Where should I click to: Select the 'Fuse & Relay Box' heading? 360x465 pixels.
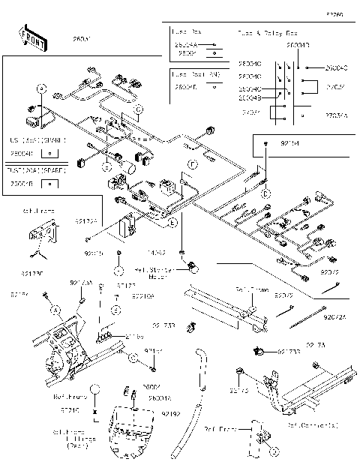coord(268,34)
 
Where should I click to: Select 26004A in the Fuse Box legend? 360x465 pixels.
coord(185,45)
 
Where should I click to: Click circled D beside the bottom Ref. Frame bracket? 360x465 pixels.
coord(274,451)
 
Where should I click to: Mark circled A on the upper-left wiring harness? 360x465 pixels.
coord(42,89)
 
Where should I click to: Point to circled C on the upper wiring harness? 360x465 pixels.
coord(139,110)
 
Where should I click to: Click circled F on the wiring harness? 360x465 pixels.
coord(192,163)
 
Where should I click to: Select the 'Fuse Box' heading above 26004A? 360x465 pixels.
coord(185,34)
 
